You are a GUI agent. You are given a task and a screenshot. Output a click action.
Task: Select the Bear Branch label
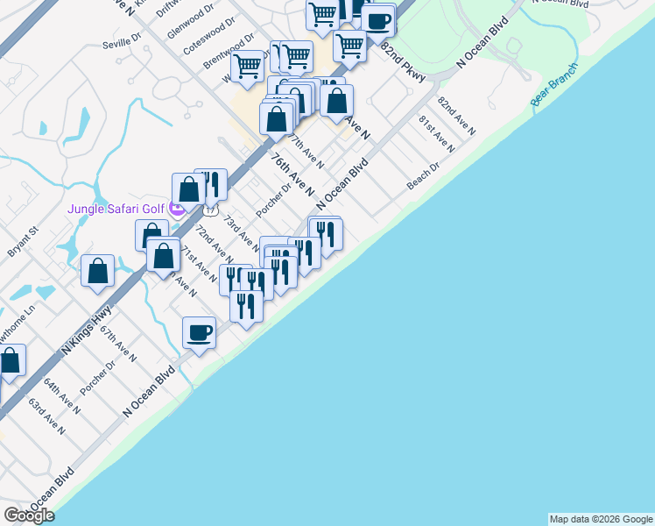(554, 85)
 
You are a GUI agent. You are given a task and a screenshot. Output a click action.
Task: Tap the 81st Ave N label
(435, 133)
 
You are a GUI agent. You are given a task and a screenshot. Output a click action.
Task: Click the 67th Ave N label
(117, 345)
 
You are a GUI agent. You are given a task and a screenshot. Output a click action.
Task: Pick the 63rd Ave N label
(46, 417)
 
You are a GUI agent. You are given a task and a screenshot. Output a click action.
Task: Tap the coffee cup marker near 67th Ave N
(200, 333)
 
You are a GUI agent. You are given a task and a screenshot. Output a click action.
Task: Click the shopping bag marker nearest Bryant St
(98, 270)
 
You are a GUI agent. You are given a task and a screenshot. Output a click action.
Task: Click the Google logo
(29, 515)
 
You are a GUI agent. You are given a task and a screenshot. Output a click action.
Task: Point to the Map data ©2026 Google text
(601, 519)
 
